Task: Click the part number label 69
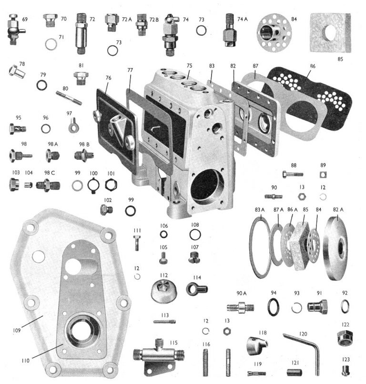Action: click(x=25, y=19)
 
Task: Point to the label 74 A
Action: click(x=243, y=19)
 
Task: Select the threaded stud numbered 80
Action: click(x=69, y=98)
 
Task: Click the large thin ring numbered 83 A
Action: click(x=261, y=247)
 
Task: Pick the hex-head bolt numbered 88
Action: click(x=292, y=175)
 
